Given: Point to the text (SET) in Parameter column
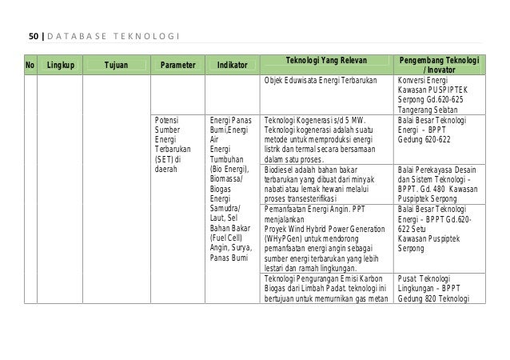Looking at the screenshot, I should tap(168, 158).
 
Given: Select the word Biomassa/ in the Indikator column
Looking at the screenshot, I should tap(226, 180).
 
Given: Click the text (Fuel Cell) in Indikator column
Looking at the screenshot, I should tap(226, 238).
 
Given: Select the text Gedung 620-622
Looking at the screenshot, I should tap(424, 138).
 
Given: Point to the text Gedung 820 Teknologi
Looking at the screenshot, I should tap(435, 299).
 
